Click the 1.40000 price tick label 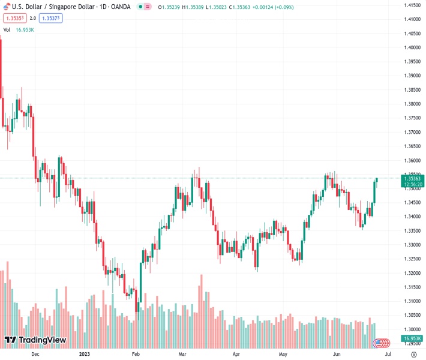[412, 47]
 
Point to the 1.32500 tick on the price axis [412, 259]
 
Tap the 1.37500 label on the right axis [412, 118]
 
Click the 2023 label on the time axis [85, 354]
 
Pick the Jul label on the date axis [388, 354]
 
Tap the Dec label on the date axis [35, 354]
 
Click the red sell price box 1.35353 [14, 18]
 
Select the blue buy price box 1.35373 [51, 18]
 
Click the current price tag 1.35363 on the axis [412, 178]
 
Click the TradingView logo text [42, 340]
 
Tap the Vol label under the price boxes [7, 29]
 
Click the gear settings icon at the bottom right [413, 354]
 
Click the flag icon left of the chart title [6, 7]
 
